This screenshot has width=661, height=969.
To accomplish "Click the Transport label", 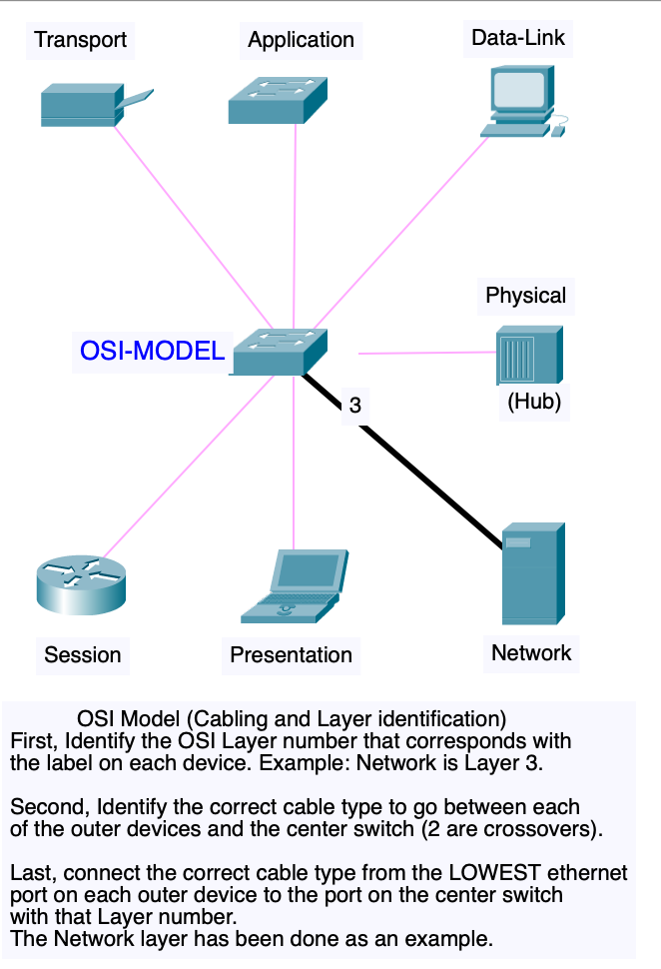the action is point(80,40).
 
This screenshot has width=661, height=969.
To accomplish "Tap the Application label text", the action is point(301,40).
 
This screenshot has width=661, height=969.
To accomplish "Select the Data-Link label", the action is point(518,38).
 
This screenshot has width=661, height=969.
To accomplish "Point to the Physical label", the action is point(526,296).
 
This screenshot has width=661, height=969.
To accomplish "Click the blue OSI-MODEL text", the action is point(152,351).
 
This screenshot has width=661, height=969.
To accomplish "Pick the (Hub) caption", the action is point(534,402).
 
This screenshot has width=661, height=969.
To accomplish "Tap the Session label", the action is point(83,655).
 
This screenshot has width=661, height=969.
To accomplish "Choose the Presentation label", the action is point(291,655).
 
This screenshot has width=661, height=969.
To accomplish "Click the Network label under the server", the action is point(531,653).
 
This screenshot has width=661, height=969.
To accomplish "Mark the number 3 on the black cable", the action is point(355,406).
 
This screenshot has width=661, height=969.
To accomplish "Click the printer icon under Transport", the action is point(97,105).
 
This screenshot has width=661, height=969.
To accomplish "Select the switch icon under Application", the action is point(278,100).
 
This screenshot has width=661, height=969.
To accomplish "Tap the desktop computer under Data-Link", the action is point(524,101).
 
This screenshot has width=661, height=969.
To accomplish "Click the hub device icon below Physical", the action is point(529,355).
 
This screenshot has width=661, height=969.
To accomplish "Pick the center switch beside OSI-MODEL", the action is point(280,352).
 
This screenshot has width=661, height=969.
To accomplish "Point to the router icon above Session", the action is point(81,585).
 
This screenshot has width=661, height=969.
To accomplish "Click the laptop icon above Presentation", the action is point(295,585).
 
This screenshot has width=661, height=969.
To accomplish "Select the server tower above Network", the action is point(533,574).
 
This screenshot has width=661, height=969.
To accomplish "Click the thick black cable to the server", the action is point(402,461).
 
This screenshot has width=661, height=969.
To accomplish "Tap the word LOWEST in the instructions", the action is point(495,872).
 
